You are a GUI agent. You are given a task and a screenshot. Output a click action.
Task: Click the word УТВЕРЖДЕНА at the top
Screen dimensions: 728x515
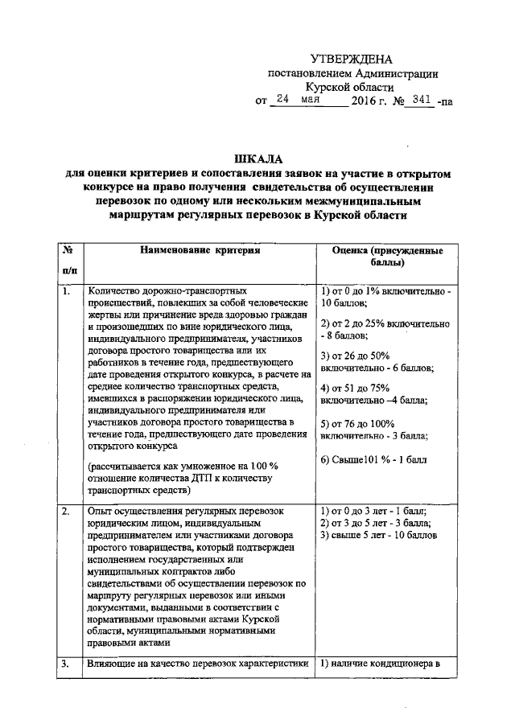pos(352,60)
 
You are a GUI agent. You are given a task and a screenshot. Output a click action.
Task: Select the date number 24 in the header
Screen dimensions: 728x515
pos(282,101)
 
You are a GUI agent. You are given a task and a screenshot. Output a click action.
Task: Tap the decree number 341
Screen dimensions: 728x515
pos(419,101)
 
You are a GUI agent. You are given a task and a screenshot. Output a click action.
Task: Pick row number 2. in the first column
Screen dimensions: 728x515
pos(67,512)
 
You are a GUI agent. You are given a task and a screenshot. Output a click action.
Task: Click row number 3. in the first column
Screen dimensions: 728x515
pos(67,663)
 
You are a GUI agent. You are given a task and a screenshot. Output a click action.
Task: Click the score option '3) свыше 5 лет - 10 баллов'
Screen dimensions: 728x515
pos(378,534)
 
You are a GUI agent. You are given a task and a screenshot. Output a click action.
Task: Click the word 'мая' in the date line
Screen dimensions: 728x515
pos(313,101)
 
